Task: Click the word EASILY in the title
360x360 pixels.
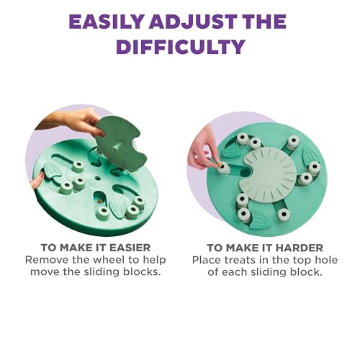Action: tap(107, 21)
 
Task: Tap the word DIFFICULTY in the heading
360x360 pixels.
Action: tap(179, 48)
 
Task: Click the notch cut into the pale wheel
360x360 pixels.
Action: tap(243, 171)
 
